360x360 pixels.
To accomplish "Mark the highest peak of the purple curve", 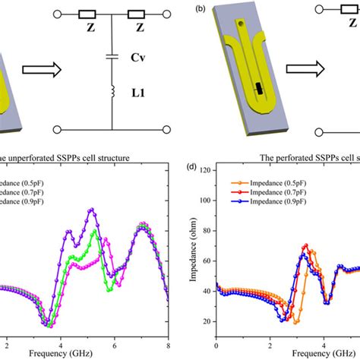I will pos(92,209).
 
